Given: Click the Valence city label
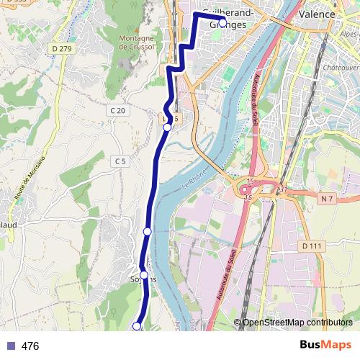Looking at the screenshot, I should [318, 14].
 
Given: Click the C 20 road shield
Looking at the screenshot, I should [119, 110].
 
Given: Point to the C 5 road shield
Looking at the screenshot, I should [120, 162].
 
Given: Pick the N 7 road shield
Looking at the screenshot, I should [328, 198].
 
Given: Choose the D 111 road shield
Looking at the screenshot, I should [310, 246].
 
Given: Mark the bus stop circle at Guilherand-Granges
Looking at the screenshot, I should [222, 22].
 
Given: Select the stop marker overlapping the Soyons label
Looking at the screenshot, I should [144, 275].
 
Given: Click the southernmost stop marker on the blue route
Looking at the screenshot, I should [137, 326].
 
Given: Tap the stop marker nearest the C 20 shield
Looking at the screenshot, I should [167, 127].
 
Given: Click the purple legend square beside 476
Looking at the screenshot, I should [10, 346].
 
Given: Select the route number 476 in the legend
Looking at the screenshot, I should [30, 346].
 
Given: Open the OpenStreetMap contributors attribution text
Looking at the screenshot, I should [297, 323].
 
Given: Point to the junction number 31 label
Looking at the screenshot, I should [283, 189].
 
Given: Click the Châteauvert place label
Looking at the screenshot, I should [343, 67].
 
